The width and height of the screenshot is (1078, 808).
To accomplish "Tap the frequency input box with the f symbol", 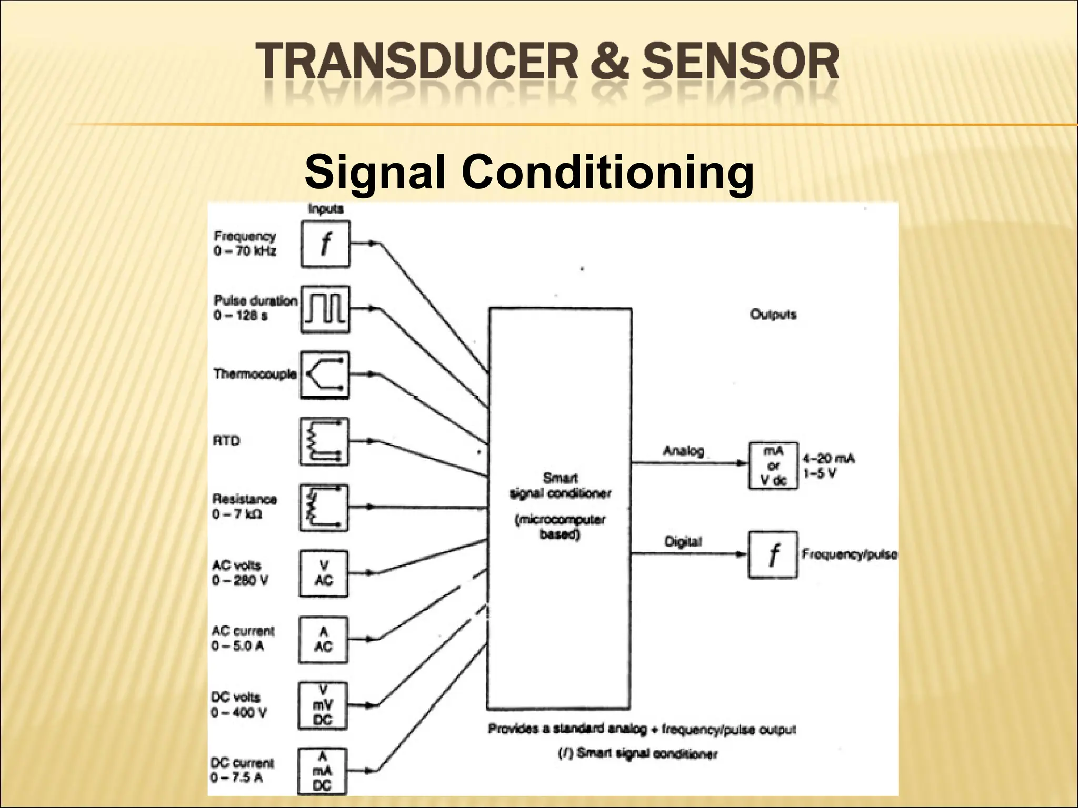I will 325,244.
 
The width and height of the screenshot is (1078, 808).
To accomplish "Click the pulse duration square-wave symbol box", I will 325,309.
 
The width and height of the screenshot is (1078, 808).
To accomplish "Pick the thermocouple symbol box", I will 325,375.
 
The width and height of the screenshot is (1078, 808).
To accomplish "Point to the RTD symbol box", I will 324,441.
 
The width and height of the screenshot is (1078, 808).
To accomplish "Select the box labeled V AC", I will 324,573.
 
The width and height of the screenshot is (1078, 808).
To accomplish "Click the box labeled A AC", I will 323,639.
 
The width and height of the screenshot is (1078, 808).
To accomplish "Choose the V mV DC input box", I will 323,705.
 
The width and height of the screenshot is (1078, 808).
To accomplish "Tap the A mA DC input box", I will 322,771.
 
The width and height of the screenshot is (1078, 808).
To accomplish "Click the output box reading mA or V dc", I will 773,466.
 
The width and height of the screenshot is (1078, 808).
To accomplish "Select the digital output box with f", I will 773,555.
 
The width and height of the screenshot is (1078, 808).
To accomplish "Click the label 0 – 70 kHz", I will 245,251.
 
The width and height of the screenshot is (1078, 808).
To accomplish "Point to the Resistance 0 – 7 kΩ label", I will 244,506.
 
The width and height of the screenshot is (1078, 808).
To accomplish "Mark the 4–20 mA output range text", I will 828,459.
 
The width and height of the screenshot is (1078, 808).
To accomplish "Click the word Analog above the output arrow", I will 683,451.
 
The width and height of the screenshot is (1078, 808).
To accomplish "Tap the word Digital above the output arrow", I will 683,541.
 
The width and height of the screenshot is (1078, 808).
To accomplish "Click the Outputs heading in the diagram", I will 773,315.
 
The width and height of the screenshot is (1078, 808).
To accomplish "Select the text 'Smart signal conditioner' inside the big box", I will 560,486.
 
